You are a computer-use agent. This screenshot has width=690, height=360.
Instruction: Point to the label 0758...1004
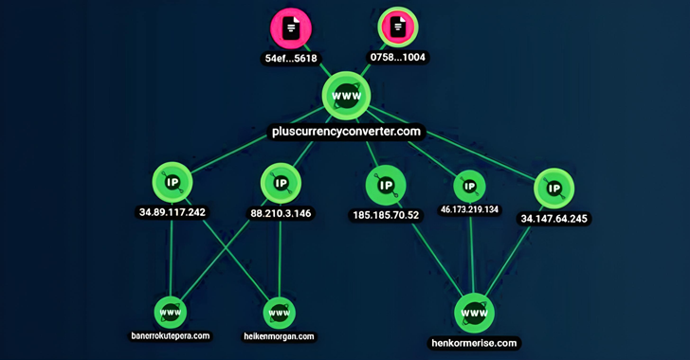click(397, 58)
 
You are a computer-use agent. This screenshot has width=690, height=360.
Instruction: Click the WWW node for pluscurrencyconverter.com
click(345, 98)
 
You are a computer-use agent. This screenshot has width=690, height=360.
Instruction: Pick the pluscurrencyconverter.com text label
click(345, 131)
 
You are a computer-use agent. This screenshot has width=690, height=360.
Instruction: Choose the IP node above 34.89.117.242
click(172, 183)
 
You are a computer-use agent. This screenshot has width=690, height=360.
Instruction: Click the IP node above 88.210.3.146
click(280, 183)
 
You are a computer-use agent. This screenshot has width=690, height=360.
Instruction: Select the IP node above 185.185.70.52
click(386, 186)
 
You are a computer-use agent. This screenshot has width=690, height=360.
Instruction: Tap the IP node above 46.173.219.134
click(470, 186)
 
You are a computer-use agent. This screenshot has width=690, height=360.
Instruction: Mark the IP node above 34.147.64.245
click(554, 188)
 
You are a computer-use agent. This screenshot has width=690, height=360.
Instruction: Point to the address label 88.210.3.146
click(280, 213)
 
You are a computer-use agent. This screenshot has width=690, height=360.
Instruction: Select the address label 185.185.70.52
click(386, 215)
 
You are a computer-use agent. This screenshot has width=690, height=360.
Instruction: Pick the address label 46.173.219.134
click(470, 209)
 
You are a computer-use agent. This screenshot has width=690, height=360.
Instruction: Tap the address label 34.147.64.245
click(554, 219)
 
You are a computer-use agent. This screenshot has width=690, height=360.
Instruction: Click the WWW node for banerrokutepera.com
click(171, 312)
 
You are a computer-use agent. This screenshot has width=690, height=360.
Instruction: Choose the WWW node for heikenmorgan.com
click(279, 312)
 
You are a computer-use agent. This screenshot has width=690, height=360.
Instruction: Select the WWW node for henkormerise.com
click(474, 312)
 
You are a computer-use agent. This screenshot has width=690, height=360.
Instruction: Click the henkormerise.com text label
click(474, 343)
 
